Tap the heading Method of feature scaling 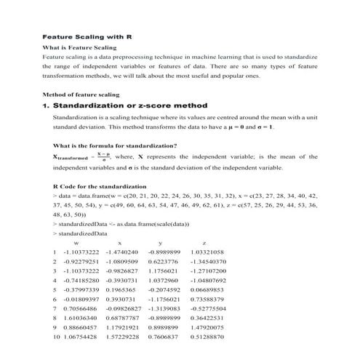pos(81,95)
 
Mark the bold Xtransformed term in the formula pos(71,157)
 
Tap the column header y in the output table pos(159,242)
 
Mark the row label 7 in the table pos(55,308)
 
